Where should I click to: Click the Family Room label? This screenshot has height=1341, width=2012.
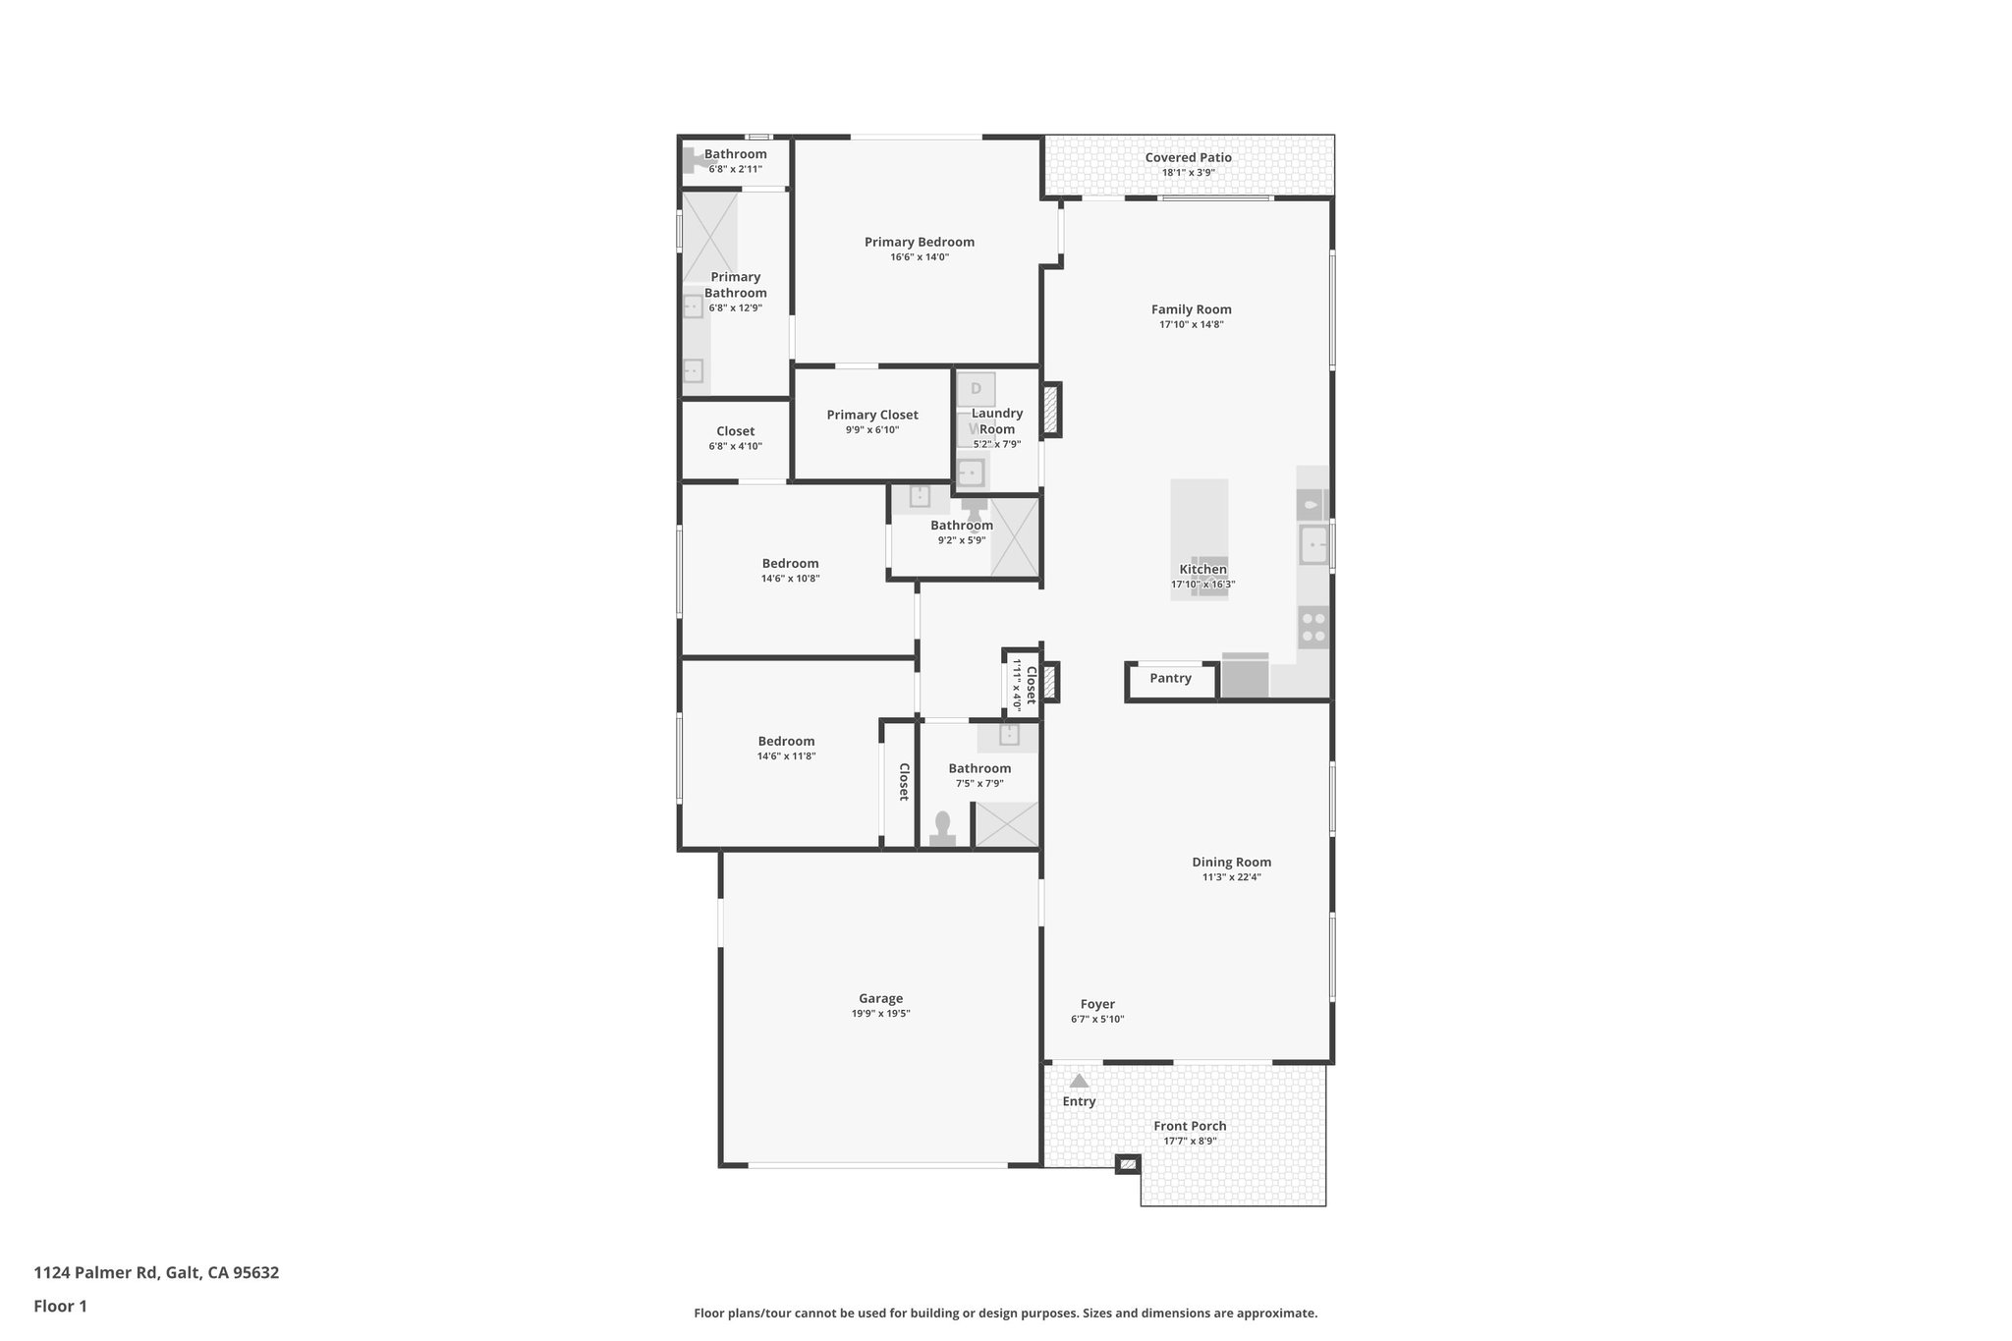(x=1191, y=309)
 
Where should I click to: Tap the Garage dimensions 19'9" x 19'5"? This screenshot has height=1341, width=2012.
(x=880, y=1014)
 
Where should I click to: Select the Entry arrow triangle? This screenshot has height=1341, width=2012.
(x=1079, y=1081)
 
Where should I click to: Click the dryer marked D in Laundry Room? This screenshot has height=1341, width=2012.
(x=976, y=389)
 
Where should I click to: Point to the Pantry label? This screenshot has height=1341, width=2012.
(x=1170, y=678)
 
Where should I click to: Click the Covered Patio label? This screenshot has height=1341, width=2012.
(x=1188, y=157)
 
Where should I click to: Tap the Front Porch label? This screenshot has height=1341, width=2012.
(x=1190, y=1126)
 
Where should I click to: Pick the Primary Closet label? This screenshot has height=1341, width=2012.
(x=872, y=415)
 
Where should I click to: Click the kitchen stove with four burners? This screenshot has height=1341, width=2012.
(x=1313, y=628)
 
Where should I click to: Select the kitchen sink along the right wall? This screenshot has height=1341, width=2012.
(x=1313, y=543)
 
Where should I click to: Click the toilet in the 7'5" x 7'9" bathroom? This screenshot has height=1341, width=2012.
(x=943, y=827)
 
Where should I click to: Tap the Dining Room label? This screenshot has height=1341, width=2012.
(x=1231, y=863)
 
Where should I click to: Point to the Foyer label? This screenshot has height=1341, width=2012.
(x=1097, y=1004)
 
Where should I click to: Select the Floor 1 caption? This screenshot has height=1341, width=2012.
(x=60, y=1307)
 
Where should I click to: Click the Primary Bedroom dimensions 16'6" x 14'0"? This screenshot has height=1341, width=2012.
(x=920, y=257)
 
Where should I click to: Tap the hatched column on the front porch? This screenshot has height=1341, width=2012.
(x=1128, y=1164)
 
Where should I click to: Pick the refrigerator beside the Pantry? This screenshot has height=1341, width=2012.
(x=1245, y=676)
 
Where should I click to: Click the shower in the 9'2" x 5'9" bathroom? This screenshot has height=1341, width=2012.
(x=1015, y=536)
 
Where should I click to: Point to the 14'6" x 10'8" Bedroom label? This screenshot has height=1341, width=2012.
(x=790, y=564)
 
